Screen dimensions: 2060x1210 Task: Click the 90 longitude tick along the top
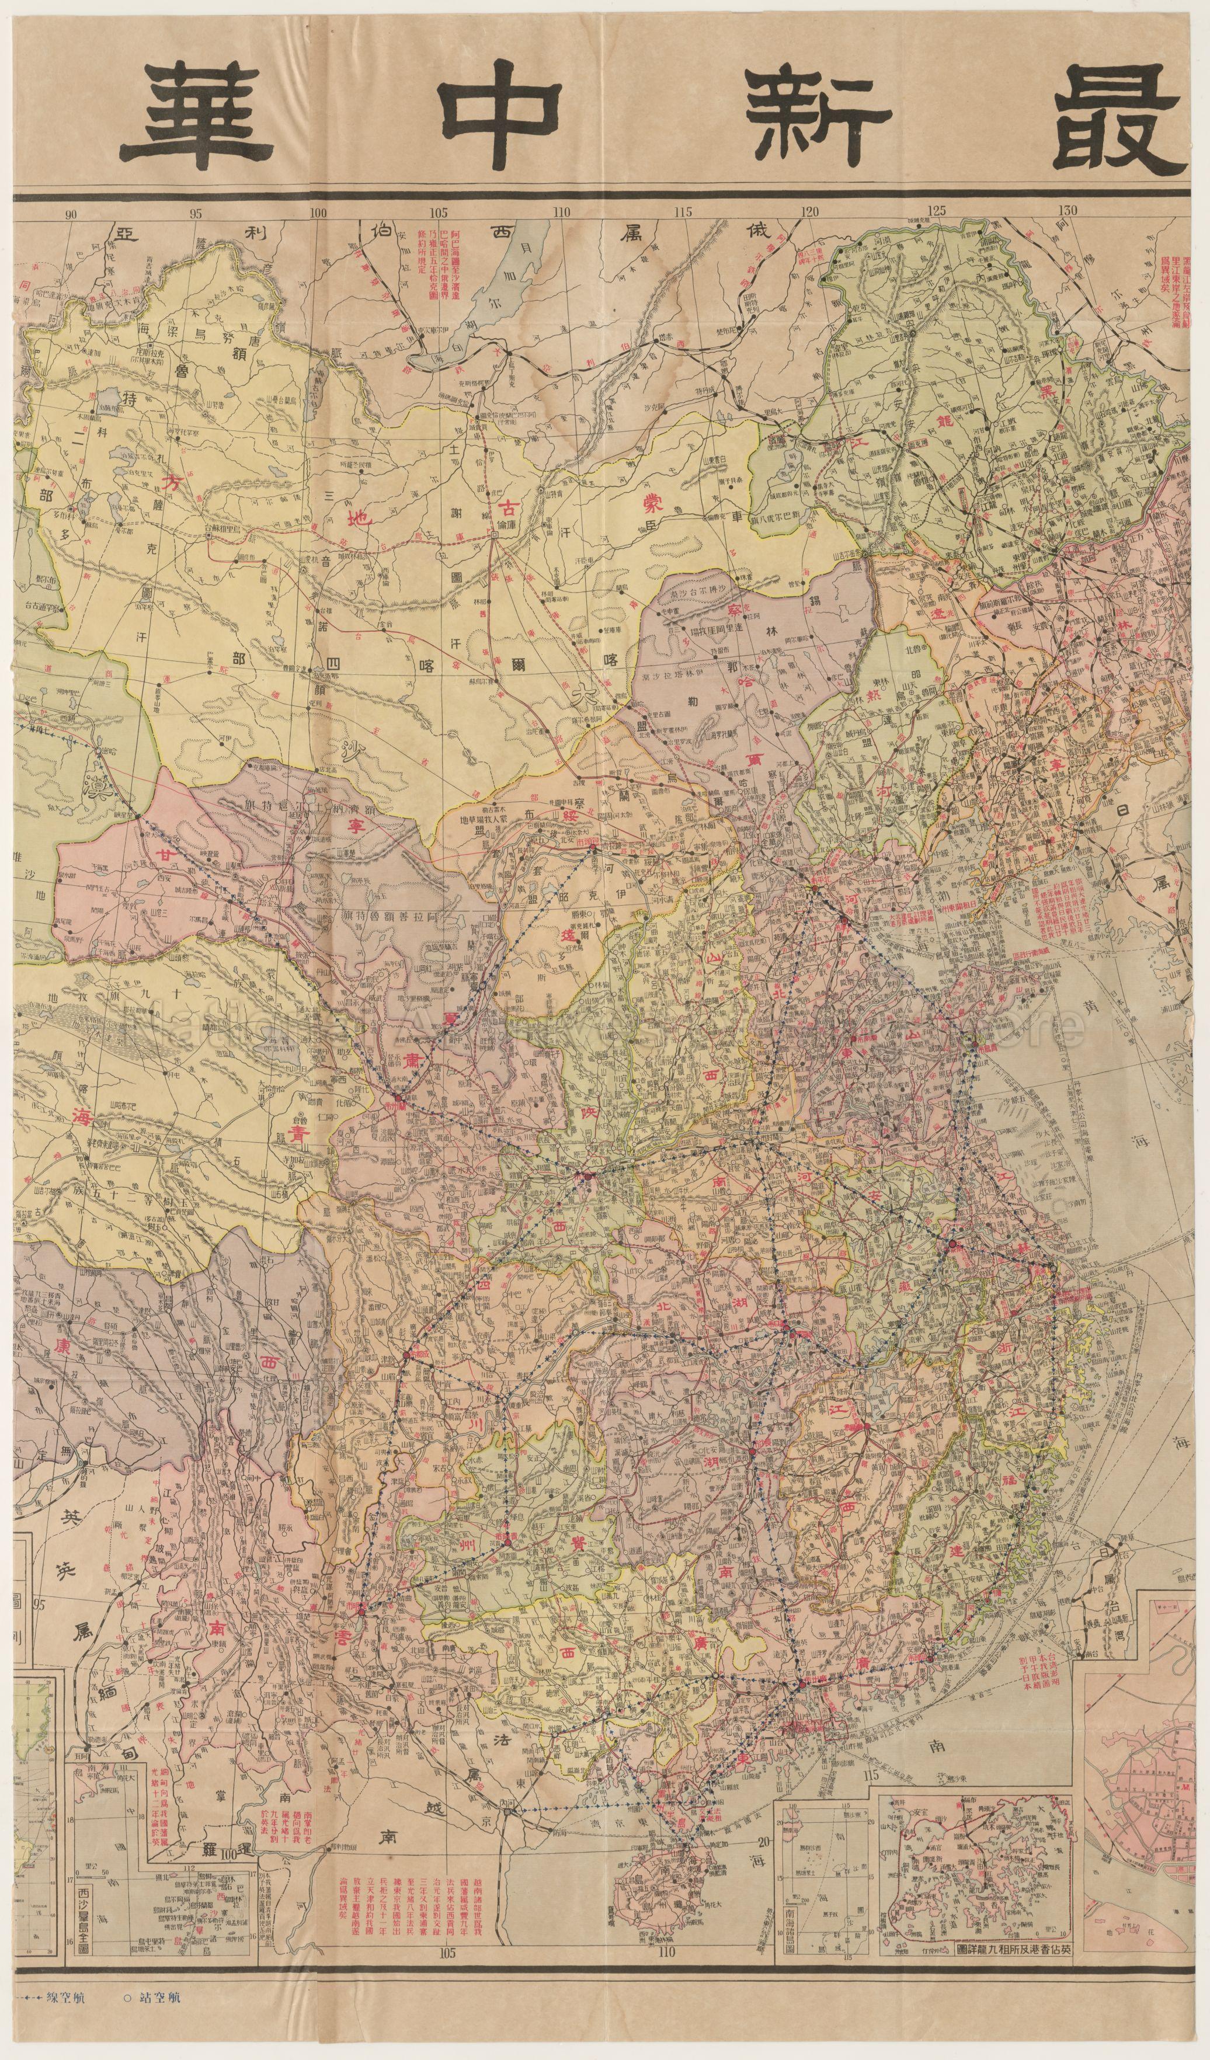pyautogui.click(x=71, y=214)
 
